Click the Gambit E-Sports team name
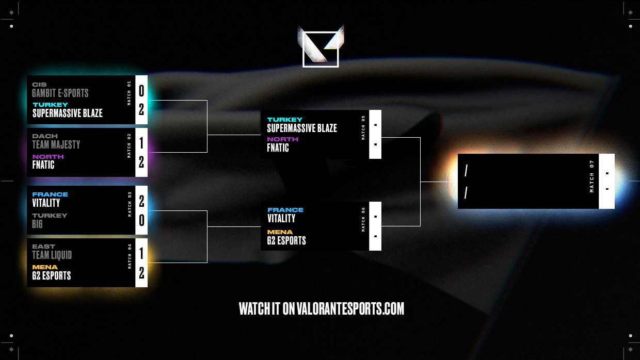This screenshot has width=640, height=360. [60, 93]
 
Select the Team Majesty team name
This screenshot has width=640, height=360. [56, 145]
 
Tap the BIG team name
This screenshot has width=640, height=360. [38, 224]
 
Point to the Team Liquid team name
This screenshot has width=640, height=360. [52, 255]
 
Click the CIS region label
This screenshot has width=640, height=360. [39, 85]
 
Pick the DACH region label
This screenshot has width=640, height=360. [45, 136]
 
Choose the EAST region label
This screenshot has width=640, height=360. [43, 247]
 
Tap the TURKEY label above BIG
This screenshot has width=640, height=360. [50, 216]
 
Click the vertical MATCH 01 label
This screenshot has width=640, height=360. [130, 93]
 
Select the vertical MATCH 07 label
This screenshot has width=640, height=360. [592, 176]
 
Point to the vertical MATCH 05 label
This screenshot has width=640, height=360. [363, 127]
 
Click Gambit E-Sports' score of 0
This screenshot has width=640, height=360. [141, 91]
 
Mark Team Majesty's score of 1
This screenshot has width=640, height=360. [141, 143]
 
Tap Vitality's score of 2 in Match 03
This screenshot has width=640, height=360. [141, 201]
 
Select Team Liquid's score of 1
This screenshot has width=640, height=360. [141, 253]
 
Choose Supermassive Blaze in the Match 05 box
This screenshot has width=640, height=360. [302, 128]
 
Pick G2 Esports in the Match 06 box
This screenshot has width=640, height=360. [286, 240]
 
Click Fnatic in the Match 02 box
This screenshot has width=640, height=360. [43, 165]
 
